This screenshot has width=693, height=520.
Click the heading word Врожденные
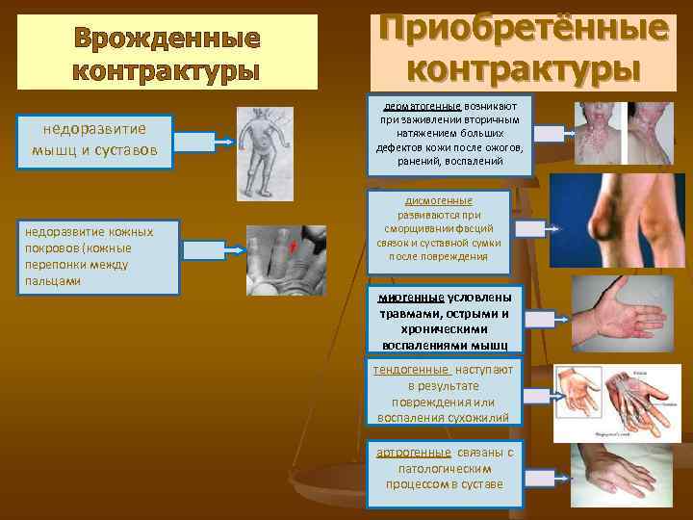point(167,39)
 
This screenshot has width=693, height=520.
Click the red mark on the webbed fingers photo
point(291,249)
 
